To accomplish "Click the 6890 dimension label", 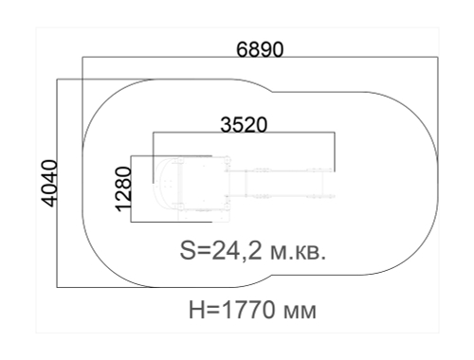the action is pyautogui.click(x=260, y=49).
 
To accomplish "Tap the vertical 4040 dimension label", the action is pyautogui.click(x=49, y=184).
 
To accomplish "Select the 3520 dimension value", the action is pyautogui.click(x=244, y=124).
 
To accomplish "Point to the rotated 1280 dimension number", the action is pyautogui.click(x=123, y=189).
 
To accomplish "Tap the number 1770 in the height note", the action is pyautogui.click(x=247, y=310).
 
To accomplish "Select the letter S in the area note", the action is pyautogui.click(x=188, y=251).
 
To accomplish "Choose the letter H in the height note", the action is pyautogui.click(x=196, y=310).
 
